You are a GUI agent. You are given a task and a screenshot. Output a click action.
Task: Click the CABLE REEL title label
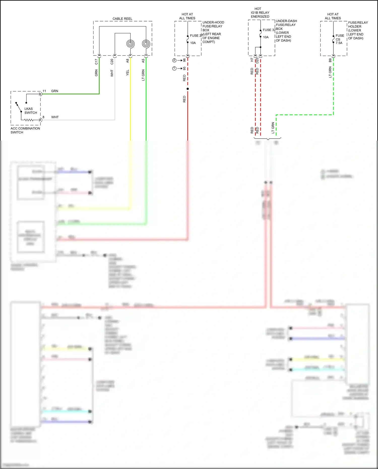122,19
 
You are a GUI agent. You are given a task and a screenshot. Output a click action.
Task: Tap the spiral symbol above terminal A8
130,44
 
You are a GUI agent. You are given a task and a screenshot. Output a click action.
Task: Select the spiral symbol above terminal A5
146,44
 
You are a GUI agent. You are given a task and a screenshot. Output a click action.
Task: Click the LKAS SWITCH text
30,111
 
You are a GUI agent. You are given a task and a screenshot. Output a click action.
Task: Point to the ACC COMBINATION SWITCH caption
25,130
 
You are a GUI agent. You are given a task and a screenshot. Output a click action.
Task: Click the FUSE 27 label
196,36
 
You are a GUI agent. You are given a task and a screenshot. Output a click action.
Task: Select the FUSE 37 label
269,30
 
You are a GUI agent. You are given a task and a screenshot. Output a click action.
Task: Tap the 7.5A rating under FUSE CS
339,43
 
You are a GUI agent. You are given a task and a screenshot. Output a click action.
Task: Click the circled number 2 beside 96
174,60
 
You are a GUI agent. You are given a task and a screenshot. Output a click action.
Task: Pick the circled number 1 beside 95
174,69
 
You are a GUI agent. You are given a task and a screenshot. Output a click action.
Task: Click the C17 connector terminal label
96,61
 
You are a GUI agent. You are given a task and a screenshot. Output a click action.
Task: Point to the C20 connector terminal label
112,61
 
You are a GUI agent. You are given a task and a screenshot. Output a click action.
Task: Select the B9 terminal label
330,60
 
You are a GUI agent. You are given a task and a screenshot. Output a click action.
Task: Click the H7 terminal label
252,60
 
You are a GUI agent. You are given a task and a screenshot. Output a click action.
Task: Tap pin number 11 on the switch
44,91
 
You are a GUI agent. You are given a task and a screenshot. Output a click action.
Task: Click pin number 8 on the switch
43,117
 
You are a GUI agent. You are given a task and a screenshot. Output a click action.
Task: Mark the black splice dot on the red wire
188,89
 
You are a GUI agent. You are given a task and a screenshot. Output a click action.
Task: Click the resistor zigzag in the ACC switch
29,120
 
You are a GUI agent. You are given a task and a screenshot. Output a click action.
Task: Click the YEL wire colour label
128,73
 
